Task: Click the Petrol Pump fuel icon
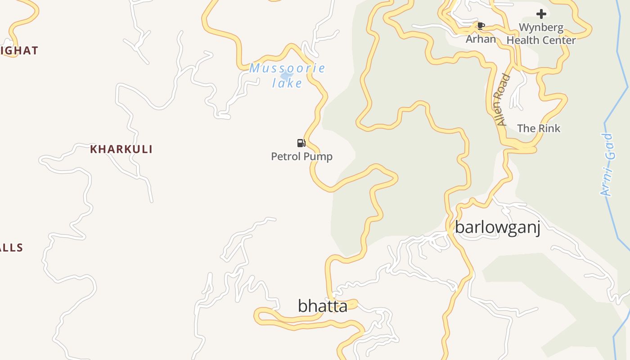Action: (301, 143)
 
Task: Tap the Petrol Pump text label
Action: (301, 157)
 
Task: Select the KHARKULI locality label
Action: (121, 149)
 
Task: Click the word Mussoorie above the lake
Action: (287, 68)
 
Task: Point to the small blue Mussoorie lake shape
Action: (285, 76)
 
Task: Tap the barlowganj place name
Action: (497, 227)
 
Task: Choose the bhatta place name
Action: (322, 306)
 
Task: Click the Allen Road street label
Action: (502, 100)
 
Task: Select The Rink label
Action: (539, 128)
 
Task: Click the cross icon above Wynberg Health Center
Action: (541, 14)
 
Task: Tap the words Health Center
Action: (541, 40)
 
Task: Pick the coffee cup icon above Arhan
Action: (481, 26)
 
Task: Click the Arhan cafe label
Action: (481, 39)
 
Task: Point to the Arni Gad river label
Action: (607, 165)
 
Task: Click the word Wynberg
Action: (541, 27)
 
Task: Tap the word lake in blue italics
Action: (287, 83)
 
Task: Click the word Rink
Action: (548, 128)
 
